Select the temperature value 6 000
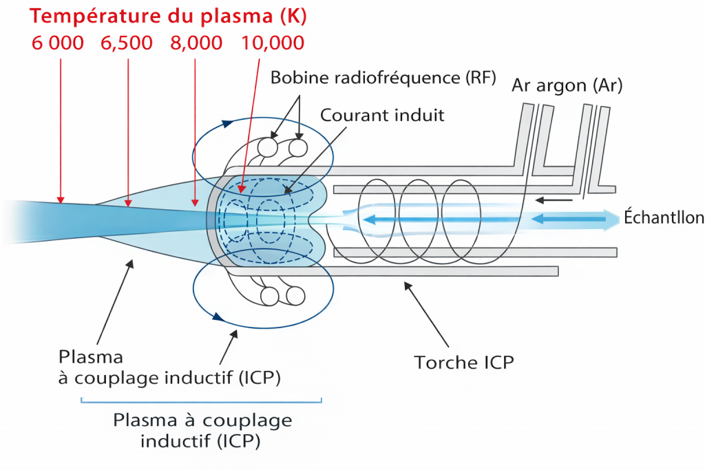click(58, 43)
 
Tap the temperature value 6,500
click(127, 43)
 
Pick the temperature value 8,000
click(196, 43)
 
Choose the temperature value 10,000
click(273, 43)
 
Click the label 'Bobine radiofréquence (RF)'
click(383, 77)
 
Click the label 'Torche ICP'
click(463, 362)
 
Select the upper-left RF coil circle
click(268, 147)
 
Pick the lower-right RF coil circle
click(295, 296)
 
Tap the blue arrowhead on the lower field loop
click(218, 317)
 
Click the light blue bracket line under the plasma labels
click(201, 401)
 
